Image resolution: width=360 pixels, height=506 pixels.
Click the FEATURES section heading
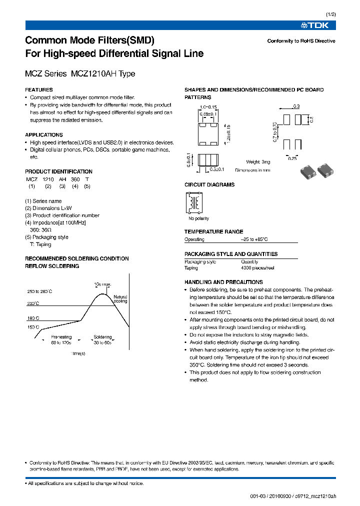[x=39, y=90]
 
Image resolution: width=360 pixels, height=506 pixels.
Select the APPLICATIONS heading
[x=44, y=135]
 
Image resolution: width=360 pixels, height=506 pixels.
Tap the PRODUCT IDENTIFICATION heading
[x=58, y=171]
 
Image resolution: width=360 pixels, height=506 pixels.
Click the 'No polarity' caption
[x=198, y=218]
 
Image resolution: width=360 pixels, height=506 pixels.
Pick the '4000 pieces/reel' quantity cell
[x=257, y=268]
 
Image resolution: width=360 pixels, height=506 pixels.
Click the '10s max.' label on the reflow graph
[x=102, y=284]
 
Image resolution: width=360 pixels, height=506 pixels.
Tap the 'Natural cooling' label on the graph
[x=120, y=299]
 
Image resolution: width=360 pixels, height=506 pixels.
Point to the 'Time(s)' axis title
[x=77, y=353]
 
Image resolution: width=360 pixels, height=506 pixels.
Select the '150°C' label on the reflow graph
[x=34, y=327]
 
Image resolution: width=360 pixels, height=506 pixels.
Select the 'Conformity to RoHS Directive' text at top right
[x=301, y=41]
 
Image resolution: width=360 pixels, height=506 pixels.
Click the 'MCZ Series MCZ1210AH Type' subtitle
[x=80, y=74]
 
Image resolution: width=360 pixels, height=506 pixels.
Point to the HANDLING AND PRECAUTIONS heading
[x=223, y=282]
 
